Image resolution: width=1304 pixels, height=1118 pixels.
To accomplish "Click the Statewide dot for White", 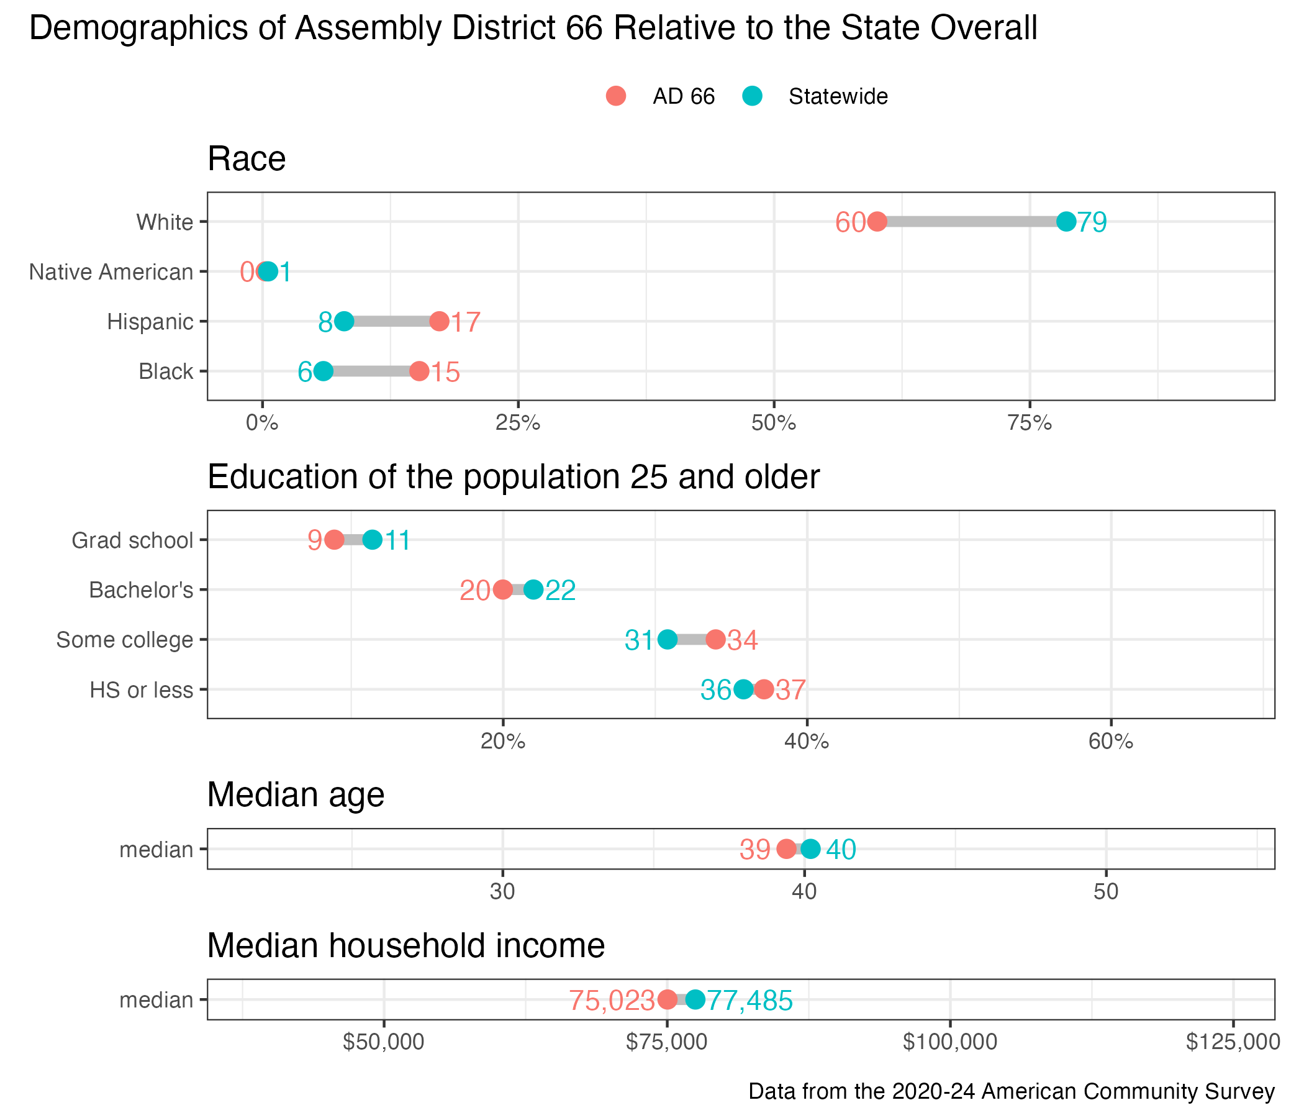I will [x=1066, y=222].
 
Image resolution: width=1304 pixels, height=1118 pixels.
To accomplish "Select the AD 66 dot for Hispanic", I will [x=439, y=322].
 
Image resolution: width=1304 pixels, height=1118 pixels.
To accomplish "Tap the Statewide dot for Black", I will [x=323, y=371].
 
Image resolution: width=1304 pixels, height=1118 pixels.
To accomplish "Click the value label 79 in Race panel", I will [x=1092, y=222].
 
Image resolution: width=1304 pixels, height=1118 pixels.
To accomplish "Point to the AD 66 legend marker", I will [x=615, y=96].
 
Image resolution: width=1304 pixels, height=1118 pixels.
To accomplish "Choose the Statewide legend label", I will [x=838, y=96].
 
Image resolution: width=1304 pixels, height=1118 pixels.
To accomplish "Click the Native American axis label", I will [x=111, y=272].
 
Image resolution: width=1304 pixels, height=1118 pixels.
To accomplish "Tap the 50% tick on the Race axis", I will [x=774, y=423].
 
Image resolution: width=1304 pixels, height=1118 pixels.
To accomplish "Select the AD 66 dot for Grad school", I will [x=333, y=540].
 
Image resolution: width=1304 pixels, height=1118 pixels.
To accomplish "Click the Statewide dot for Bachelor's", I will [x=533, y=590].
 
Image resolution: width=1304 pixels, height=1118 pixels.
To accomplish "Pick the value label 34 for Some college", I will [x=743, y=640].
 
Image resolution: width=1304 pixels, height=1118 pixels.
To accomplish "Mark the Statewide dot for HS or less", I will [x=744, y=690].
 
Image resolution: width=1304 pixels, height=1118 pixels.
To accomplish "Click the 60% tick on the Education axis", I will [x=1111, y=742].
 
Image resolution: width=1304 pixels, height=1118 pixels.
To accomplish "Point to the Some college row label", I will [x=125, y=640].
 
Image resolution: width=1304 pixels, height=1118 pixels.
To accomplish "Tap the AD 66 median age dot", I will [x=786, y=849].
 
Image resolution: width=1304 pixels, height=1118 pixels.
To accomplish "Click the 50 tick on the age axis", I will [x=1106, y=892].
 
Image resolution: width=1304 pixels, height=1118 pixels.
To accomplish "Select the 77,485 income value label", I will [x=749, y=1000].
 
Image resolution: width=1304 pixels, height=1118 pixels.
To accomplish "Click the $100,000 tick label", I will [x=949, y=1042].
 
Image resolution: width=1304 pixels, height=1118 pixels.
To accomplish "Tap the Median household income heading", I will [x=406, y=945].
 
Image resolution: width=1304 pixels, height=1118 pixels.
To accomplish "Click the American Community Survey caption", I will [x=1012, y=1091].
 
